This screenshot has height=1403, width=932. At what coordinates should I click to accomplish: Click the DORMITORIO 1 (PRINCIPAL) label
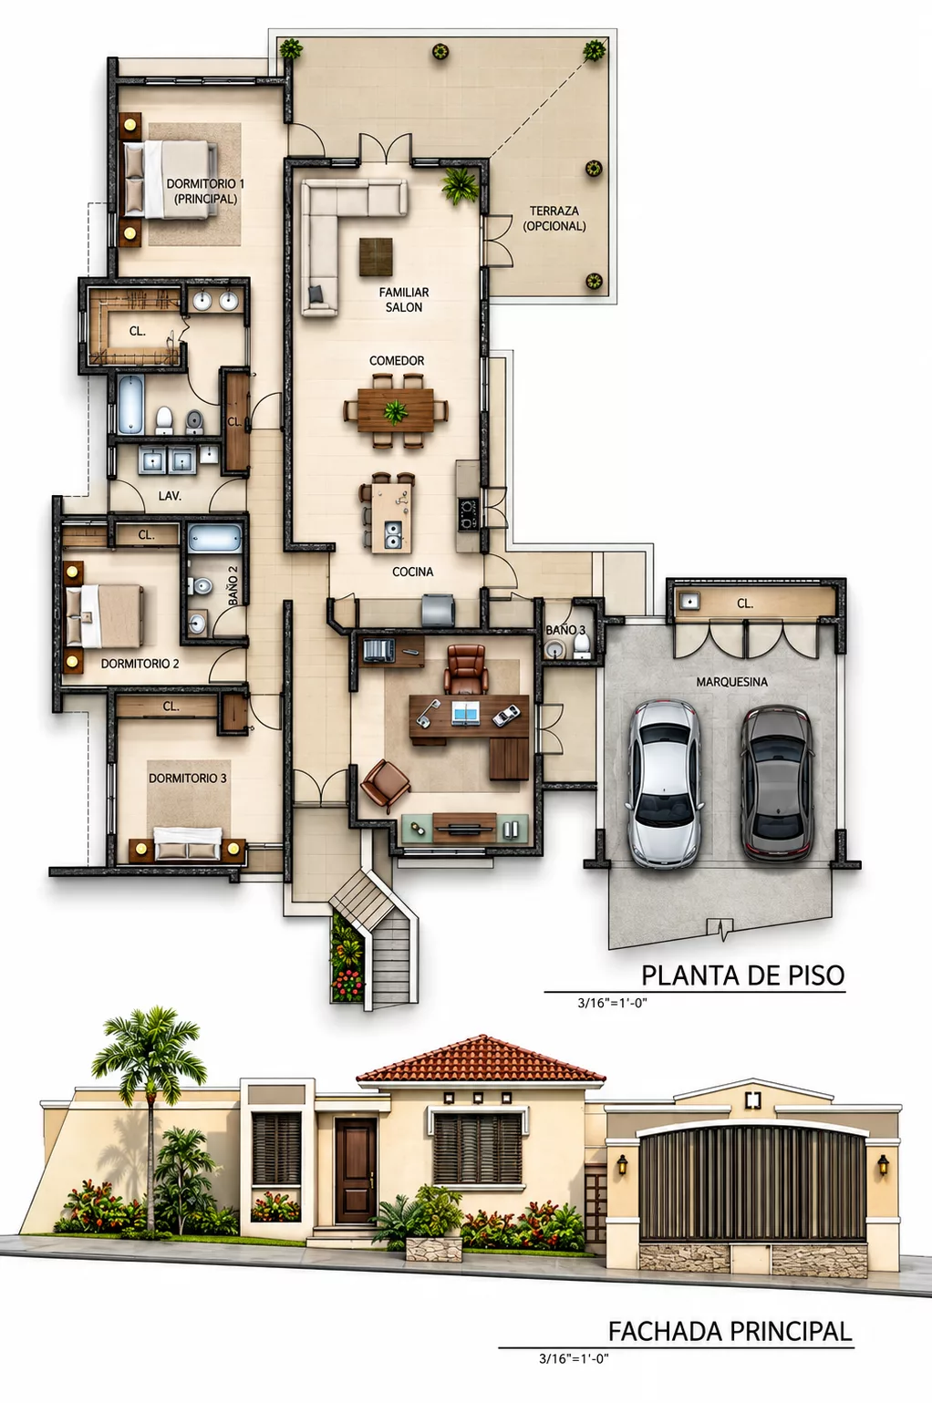pos(205,191)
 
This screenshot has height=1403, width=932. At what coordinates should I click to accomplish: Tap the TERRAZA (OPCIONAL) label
pos(554,219)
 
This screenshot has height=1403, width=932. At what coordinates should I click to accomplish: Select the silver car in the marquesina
pos(665,784)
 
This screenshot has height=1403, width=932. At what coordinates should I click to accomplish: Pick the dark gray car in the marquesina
pos(777,784)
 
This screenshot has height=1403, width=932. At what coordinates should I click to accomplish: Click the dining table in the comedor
pos(396,410)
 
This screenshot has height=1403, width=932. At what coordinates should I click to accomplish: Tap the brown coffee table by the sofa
pos(377,257)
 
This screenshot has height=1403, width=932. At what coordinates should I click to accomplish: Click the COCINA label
pos(413,572)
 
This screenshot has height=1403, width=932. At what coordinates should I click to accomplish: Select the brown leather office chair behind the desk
pos(466,670)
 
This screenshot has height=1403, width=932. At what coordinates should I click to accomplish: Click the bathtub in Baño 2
pos(215,539)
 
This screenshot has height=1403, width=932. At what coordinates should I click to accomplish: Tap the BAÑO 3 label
pos(565,629)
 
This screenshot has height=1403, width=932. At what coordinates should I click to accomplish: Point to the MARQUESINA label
pos(731,682)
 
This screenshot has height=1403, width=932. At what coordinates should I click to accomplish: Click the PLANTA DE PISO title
pos(743,975)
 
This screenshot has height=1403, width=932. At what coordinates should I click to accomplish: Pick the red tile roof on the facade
pos(481,1059)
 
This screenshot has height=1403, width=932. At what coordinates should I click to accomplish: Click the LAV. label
pos(170,496)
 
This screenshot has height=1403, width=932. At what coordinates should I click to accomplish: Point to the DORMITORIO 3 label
pos(187,778)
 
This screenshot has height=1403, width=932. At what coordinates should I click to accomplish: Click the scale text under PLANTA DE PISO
pos(612,1003)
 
